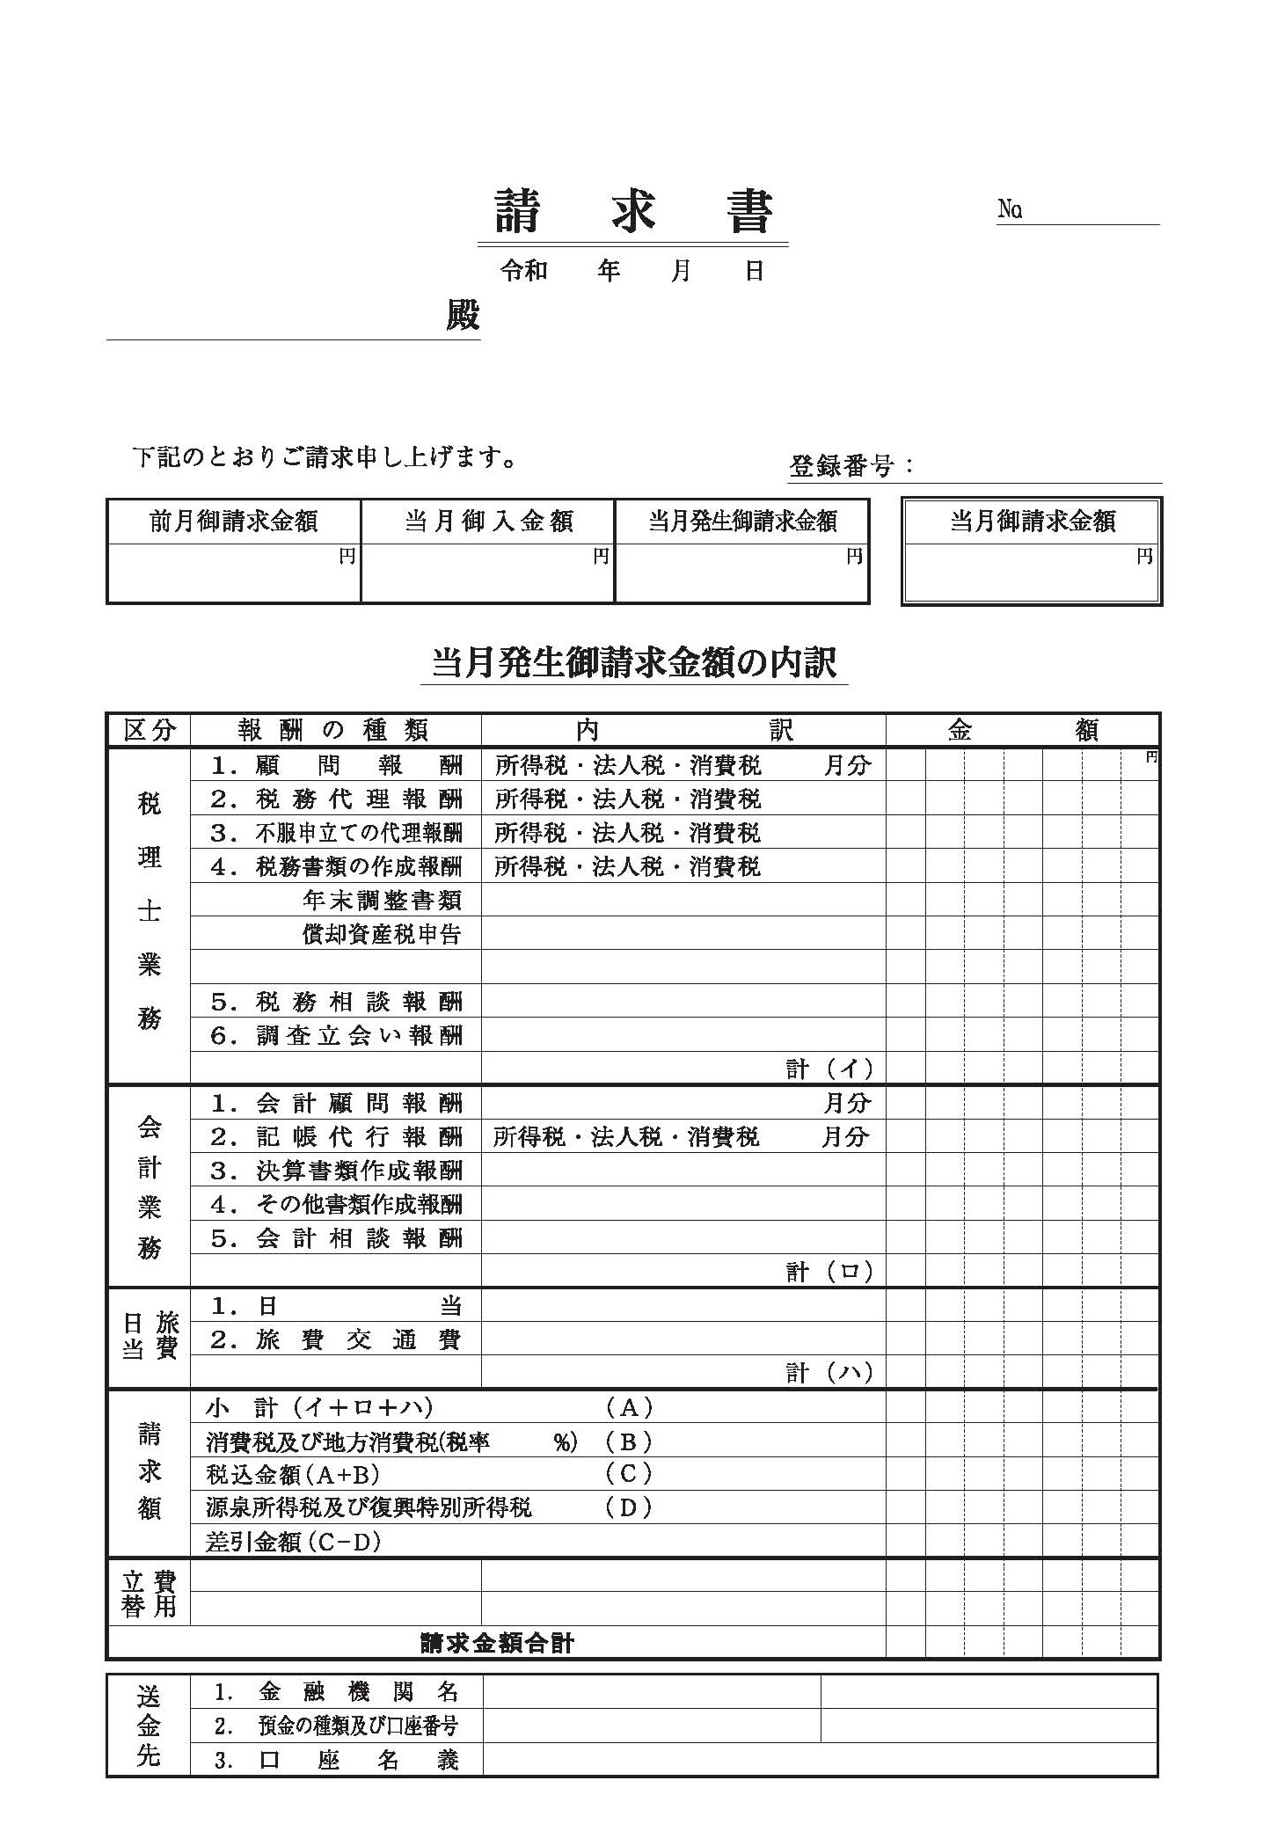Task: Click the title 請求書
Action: point(632,212)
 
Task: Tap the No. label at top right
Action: point(1010,210)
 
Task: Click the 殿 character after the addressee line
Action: point(463,316)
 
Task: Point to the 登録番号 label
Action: point(841,466)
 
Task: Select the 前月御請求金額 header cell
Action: point(233,522)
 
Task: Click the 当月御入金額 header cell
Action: point(488,522)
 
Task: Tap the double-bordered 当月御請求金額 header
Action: point(1033,522)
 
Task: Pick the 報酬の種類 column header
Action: point(334,730)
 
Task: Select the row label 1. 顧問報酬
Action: point(336,765)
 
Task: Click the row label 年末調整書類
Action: point(382,900)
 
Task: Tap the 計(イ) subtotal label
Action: point(829,1069)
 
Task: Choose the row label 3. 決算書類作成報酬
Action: point(336,1171)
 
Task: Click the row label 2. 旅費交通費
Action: point(336,1339)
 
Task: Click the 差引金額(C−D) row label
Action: point(294,1542)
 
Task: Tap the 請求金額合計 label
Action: point(498,1642)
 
